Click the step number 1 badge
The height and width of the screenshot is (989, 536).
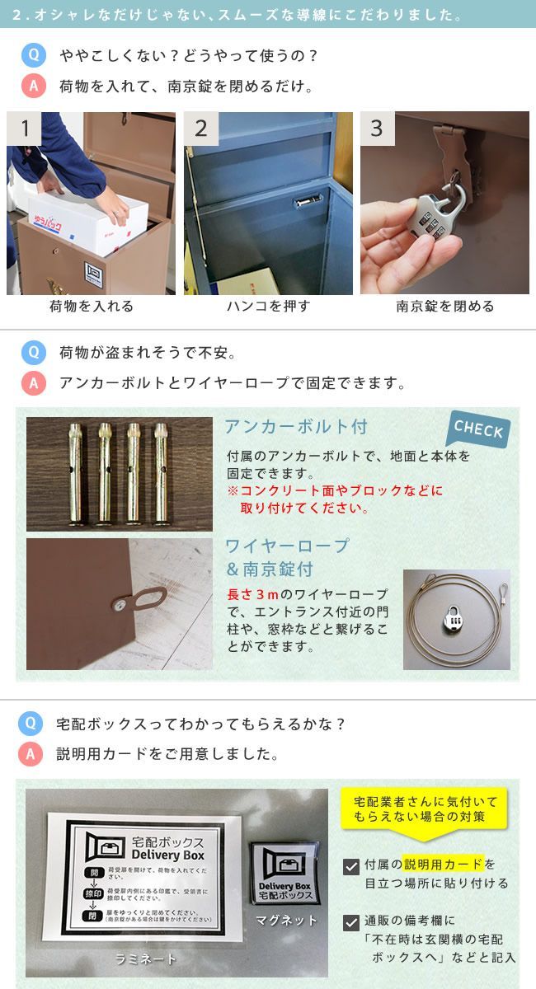click(25, 129)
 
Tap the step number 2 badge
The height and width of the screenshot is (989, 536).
click(201, 129)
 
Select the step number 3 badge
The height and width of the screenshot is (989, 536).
click(377, 129)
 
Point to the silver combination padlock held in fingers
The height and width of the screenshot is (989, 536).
click(441, 216)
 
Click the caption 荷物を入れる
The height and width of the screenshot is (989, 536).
click(91, 307)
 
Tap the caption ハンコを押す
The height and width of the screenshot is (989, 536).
click(268, 307)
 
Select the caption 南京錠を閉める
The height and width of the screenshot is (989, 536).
click(445, 307)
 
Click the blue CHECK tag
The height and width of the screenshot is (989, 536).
click(479, 429)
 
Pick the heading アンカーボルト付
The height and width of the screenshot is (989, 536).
click(296, 427)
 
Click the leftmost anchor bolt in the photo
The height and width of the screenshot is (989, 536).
click(80, 473)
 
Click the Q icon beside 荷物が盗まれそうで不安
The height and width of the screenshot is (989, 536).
click(33, 353)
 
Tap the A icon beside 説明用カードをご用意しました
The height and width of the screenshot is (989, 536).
click(32, 753)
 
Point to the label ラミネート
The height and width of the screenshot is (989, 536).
click(145, 958)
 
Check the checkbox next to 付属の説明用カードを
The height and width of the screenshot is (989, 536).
click(350, 866)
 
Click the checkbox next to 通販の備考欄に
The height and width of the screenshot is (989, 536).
click(350, 922)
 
